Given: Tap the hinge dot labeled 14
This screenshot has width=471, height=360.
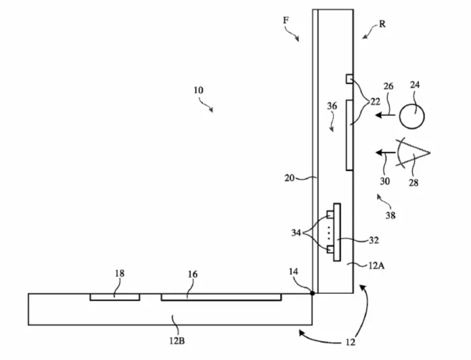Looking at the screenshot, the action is (x=313, y=293).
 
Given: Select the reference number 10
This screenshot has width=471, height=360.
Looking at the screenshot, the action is (x=198, y=90).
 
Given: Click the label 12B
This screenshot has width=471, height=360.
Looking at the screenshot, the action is (x=177, y=341).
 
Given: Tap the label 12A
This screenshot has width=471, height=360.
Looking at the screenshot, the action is (x=376, y=266).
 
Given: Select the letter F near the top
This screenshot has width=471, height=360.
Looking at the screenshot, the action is (x=286, y=21).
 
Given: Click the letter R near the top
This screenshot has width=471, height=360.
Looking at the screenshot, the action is (x=382, y=24).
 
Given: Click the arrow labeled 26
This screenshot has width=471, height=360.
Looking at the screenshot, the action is (x=386, y=115).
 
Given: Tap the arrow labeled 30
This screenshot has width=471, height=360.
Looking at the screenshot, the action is (x=386, y=153).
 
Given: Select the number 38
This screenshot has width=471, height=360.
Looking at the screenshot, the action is (x=390, y=215).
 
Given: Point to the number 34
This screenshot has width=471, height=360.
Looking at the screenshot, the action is (x=296, y=233).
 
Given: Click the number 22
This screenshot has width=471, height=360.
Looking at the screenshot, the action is (x=375, y=102).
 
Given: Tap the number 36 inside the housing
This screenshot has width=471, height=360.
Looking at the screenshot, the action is (x=332, y=106).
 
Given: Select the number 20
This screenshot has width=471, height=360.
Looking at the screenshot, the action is (x=290, y=178).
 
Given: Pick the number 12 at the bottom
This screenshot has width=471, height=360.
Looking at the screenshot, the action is (x=350, y=342).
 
